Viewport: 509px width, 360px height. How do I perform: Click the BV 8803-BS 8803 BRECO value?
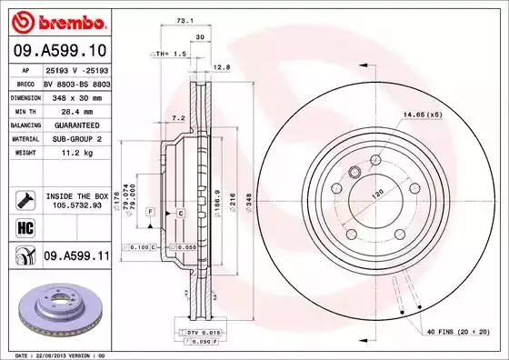click(76, 82)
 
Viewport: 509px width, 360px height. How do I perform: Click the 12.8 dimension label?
click(221, 66)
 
